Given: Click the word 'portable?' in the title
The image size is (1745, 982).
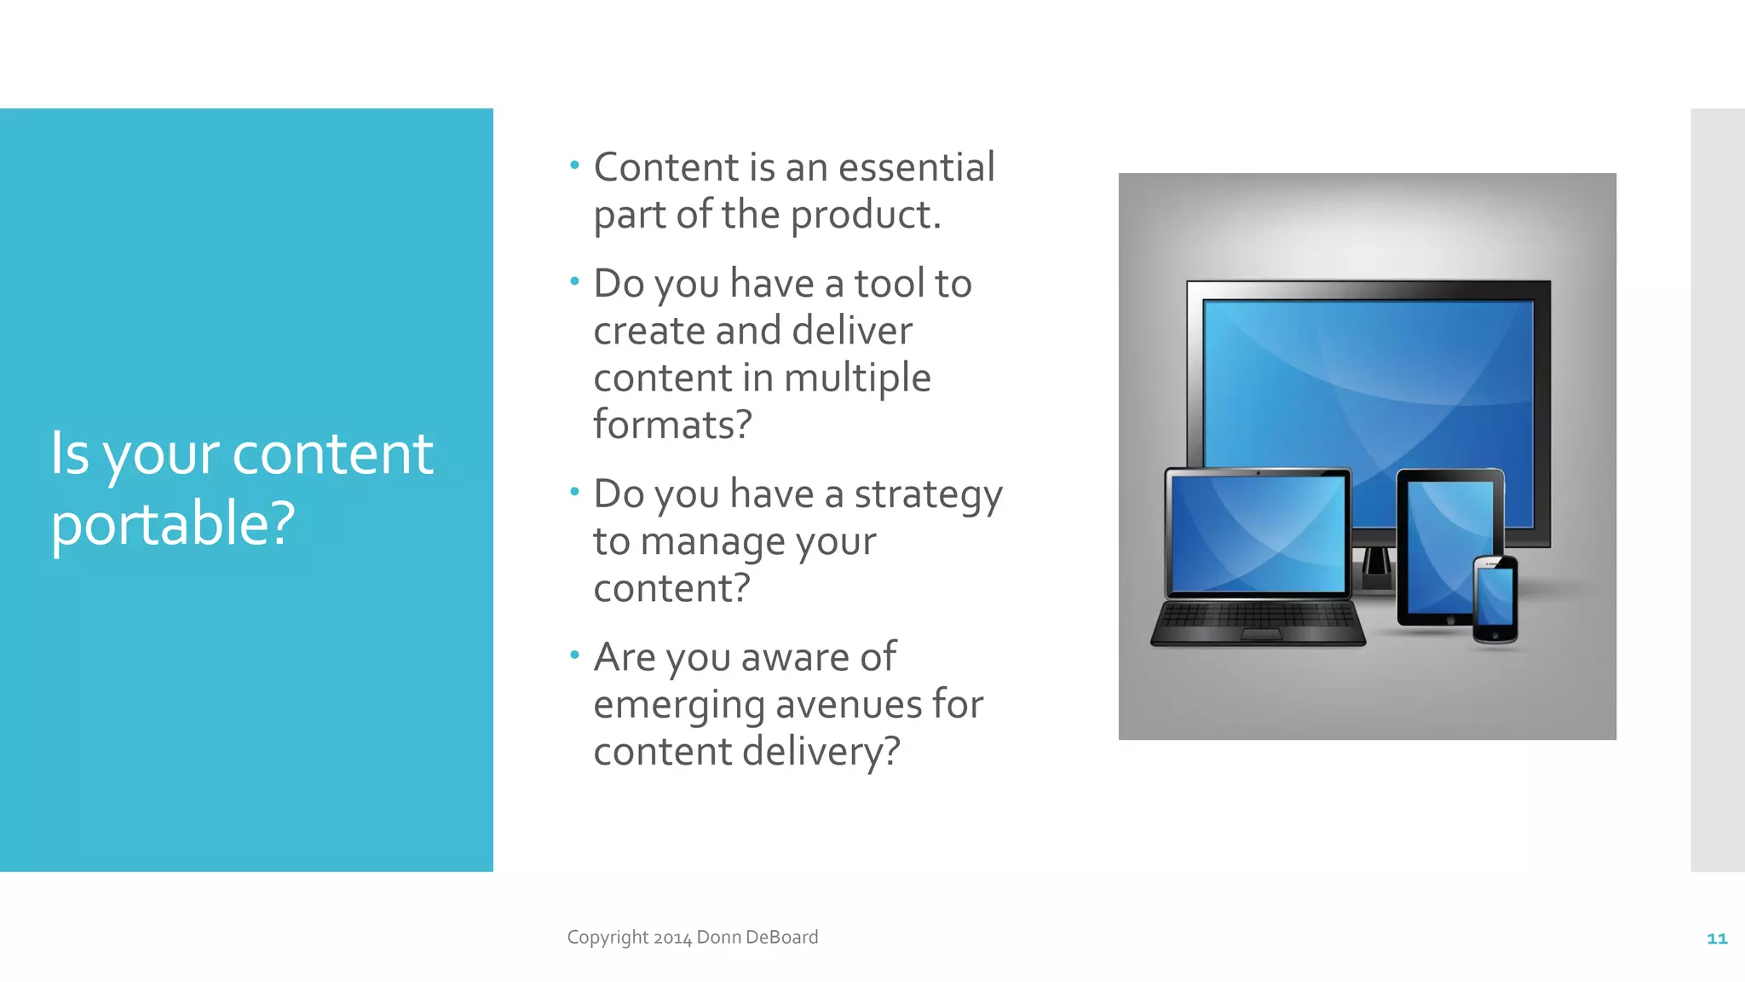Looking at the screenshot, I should click(x=173, y=523).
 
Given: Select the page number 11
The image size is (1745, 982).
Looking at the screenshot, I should click(x=1716, y=939).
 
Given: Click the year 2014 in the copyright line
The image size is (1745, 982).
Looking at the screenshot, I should click(x=672, y=938).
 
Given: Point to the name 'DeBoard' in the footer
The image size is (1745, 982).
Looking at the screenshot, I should click(x=781, y=937).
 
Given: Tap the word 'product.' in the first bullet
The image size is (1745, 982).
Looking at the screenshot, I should click(x=866, y=214).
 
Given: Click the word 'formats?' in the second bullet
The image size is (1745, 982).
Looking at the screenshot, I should click(x=673, y=425).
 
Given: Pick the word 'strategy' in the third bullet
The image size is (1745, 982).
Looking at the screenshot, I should click(x=928, y=495).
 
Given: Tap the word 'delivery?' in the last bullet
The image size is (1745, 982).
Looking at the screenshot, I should click(x=821, y=752).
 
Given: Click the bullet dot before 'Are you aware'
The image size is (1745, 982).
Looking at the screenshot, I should click(x=574, y=655).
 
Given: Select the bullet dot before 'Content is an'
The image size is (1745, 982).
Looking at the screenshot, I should click(x=574, y=165).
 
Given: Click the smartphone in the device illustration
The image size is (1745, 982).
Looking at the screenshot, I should click(x=1495, y=598).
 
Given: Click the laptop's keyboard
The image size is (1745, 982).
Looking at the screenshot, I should click(x=1258, y=617).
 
